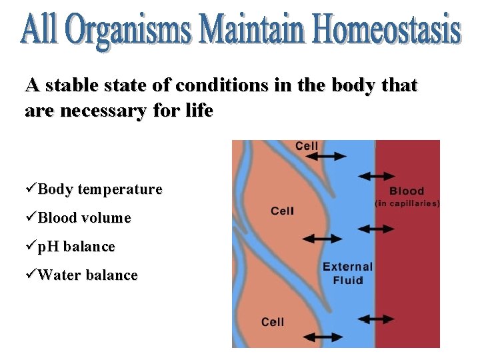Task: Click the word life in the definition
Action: (199, 111)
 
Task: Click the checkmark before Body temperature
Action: (31, 189)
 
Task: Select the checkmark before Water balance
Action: (31, 275)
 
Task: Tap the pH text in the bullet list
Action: (48, 247)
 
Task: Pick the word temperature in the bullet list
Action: (120, 189)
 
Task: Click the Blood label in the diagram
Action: (407, 191)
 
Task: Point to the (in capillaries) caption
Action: (407, 203)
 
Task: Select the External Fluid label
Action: (347, 273)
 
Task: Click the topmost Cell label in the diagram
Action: (306, 146)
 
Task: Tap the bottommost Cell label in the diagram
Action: (273, 322)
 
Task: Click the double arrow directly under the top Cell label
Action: (327, 157)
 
